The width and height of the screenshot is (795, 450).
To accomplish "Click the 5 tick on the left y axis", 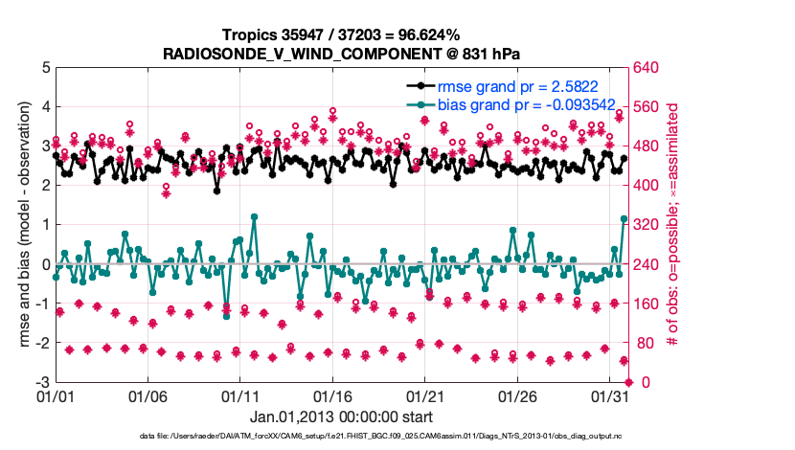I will point(44,68).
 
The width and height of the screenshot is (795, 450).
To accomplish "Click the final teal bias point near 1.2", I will point(625,219).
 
